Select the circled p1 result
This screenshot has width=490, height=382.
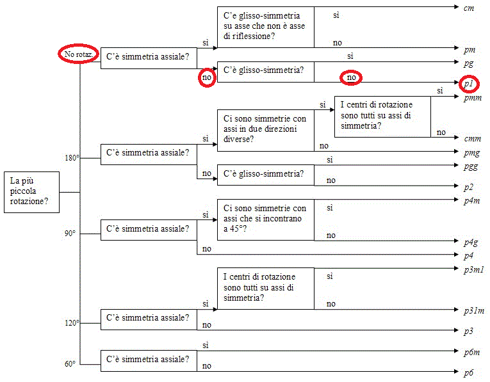[x=469, y=84]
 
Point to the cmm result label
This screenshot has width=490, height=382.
[x=472, y=138]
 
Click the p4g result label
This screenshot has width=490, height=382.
[x=471, y=243]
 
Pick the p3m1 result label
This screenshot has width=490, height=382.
[x=473, y=270]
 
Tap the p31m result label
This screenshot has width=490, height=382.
[x=473, y=311]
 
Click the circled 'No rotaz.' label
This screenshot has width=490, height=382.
[x=79, y=55]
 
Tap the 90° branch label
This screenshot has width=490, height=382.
[x=70, y=234]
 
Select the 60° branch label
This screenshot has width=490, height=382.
[x=70, y=363]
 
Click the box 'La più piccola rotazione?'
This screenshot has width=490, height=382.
[x=32, y=191]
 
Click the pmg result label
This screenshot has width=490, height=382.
[x=471, y=153]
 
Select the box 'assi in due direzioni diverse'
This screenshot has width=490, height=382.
[x=265, y=129]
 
